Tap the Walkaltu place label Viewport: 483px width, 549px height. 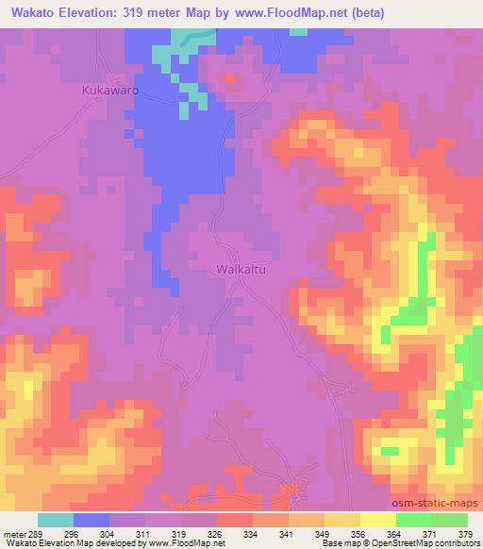[x=239, y=269]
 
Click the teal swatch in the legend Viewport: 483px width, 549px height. [x=56, y=520]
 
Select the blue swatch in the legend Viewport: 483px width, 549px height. [x=92, y=520]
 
